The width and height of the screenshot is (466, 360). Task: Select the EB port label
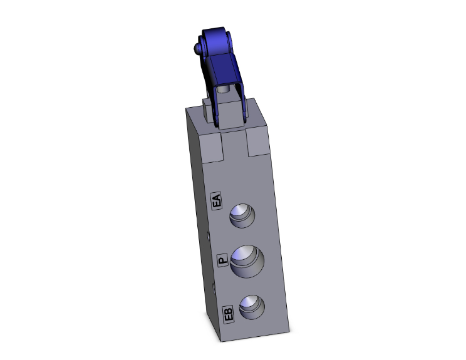[229, 313]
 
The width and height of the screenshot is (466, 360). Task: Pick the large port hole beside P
[246, 260]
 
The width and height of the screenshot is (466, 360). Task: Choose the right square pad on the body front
[260, 143]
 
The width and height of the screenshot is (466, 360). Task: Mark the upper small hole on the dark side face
[209, 236]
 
